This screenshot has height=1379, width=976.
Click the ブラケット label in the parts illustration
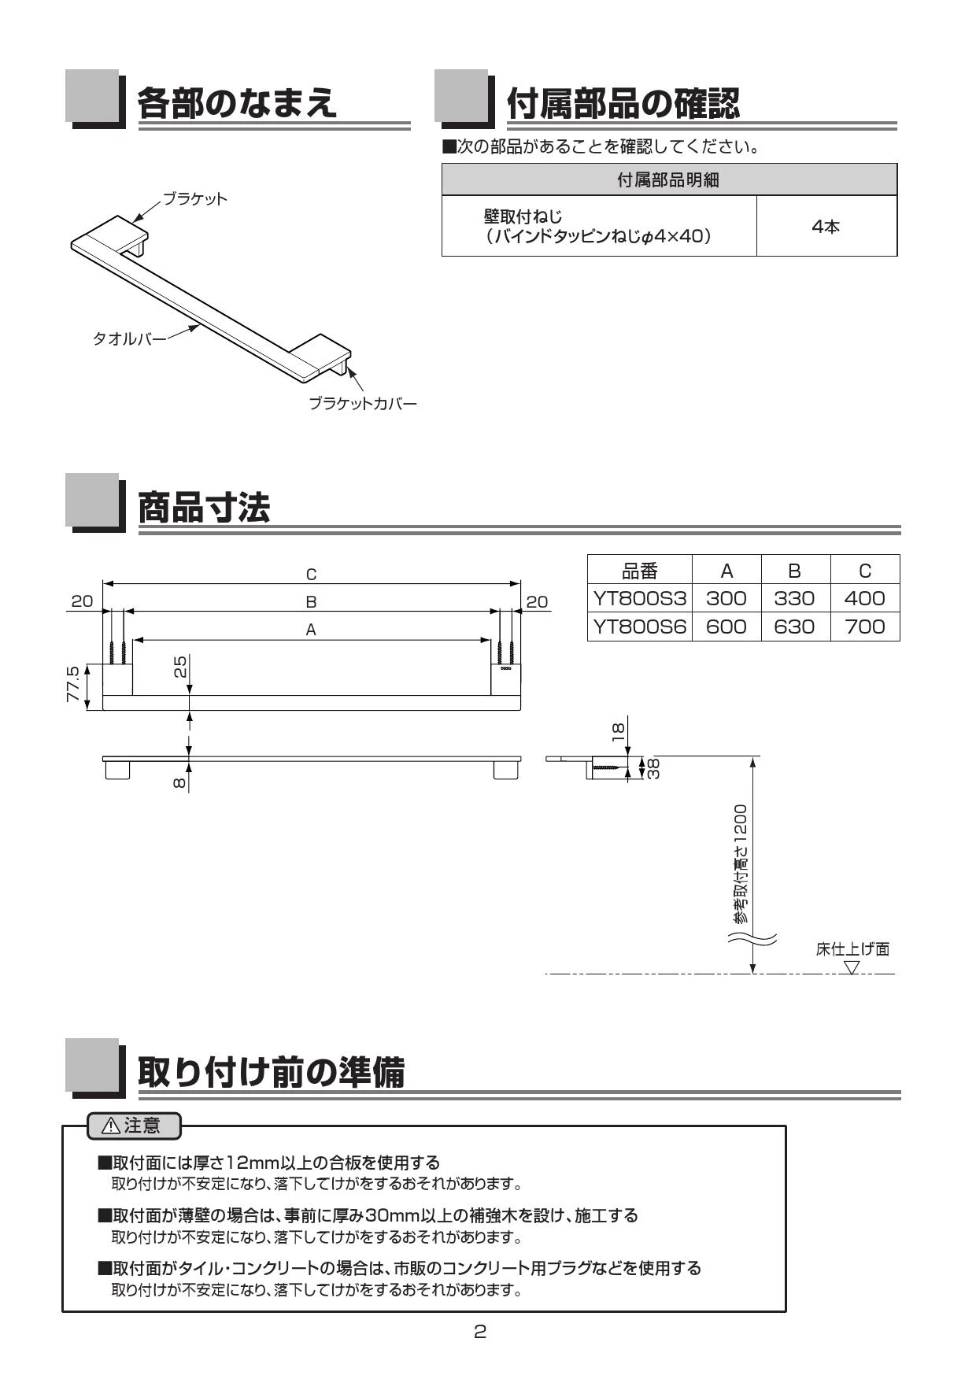click(194, 198)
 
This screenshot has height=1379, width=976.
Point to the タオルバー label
click(129, 339)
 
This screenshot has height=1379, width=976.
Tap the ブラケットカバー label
click(362, 404)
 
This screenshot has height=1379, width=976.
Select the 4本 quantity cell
click(826, 227)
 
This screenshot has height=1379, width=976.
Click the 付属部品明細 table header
click(668, 180)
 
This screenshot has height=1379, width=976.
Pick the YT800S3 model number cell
click(640, 599)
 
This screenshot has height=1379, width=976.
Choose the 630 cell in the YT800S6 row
click(794, 627)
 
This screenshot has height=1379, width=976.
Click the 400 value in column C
click(864, 599)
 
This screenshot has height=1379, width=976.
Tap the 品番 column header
click(639, 571)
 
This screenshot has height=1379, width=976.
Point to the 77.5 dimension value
click(72, 684)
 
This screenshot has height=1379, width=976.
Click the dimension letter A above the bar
click(311, 630)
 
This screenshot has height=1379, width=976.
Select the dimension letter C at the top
click(312, 575)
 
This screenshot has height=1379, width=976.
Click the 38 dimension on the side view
click(653, 767)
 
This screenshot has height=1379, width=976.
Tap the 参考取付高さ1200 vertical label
click(740, 863)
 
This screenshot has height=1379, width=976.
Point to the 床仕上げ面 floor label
click(852, 949)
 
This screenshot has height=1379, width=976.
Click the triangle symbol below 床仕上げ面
click(852, 967)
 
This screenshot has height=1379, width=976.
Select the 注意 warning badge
click(133, 1126)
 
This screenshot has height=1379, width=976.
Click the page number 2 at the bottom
click(480, 1333)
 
